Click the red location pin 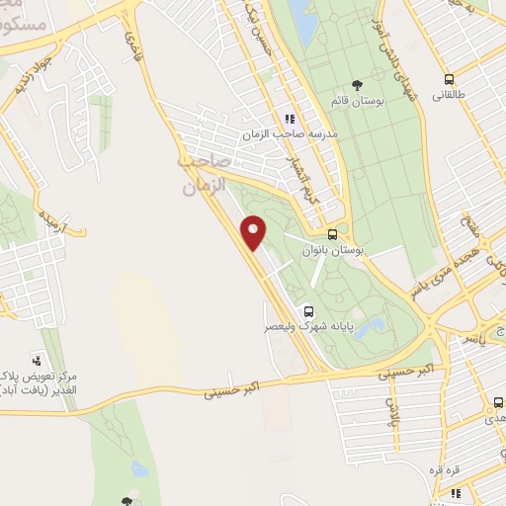pyautogui.click(x=254, y=233)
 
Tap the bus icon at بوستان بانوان pyautogui.click(x=333, y=235)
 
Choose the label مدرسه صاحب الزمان pyautogui.click(x=291, y=132)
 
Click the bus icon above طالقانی pyautogui.click(x=450, y=78)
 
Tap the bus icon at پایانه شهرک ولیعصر pyautogui.click(x=308, y=308)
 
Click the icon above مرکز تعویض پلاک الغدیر pyautogui.click(x=38, y=360)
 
